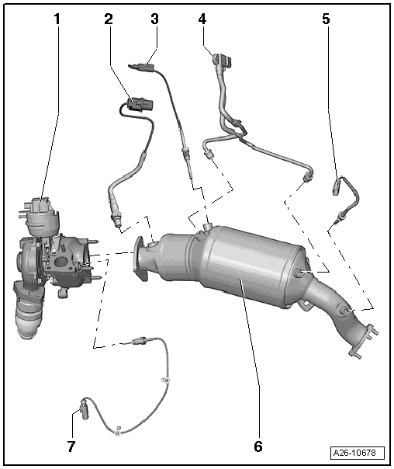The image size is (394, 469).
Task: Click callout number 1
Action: pyautogui.click(x=57, y=19)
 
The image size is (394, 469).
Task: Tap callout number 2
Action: pyautogui.click(x=109, y=19)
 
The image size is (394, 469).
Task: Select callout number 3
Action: pyautogui.click(x=154, y=19)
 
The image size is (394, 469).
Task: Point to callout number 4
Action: pyautogui.click(x=202, y=19)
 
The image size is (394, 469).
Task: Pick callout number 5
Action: pyautogui.click(x=326, y=19)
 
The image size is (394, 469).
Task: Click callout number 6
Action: pyautogui.click(x=258, y=446)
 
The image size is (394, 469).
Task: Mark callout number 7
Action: pyautogui.click(x=71, y=446)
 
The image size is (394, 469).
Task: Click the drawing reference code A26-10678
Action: pyautogui.click(x=357, y=453)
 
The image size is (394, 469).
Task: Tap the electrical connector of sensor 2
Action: pyautogui.click(x=140, y=104)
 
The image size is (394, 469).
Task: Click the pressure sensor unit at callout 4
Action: pyautogui.click(x=223, y=60)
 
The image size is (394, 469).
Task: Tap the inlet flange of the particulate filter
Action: pyautogui.click(x=140, y=259)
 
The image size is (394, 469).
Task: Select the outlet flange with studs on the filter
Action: pyautogui.click(x=364, y=341)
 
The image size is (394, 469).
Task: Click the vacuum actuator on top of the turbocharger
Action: pyautogui.click(x=40, y=215)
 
